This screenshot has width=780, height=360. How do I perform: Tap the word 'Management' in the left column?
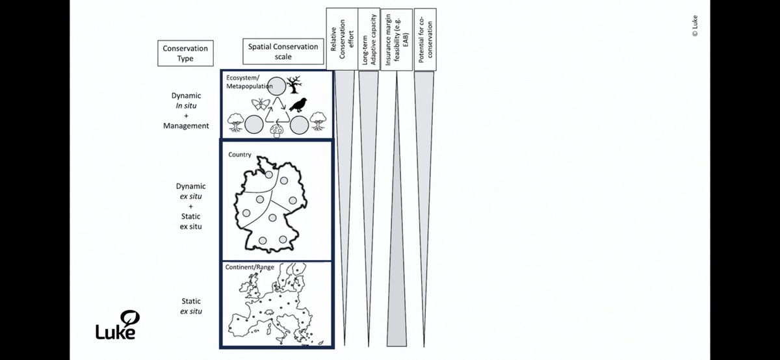click(x=186, y=125)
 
